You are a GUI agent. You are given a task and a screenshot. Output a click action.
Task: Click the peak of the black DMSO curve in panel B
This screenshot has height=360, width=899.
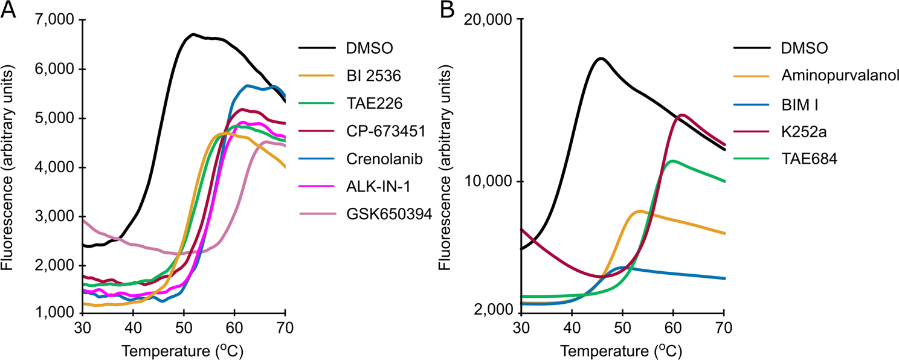pyautogui.click(x=600, y=59)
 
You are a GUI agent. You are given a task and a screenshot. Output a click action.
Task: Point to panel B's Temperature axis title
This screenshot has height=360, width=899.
pyautogui.click(x=623, y=350)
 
